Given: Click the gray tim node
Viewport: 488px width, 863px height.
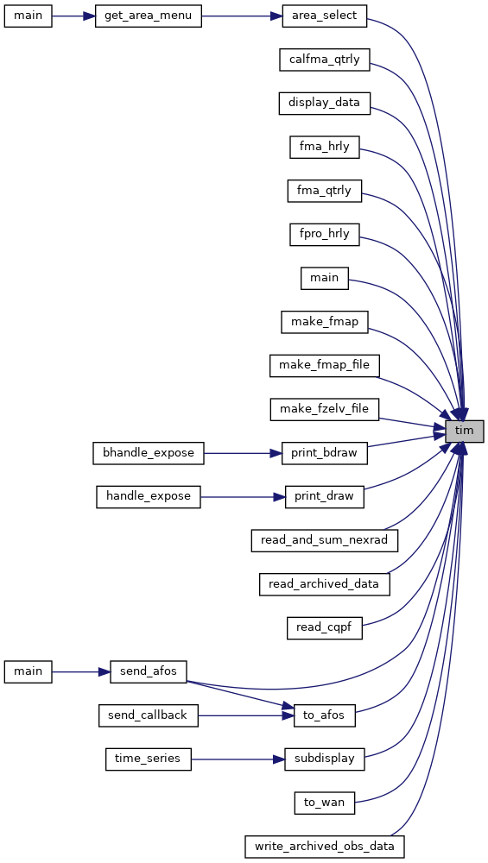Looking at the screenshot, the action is (465, 431).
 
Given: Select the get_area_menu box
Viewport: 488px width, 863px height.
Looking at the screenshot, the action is (149, 16).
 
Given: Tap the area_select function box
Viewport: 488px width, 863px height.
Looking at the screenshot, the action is (324, 16).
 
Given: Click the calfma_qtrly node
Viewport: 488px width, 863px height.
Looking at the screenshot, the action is (324, 60).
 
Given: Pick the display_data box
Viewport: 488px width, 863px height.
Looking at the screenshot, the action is (324, 104).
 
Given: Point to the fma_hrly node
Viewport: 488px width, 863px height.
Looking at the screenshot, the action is (325, 147).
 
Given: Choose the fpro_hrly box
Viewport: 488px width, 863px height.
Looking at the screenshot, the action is (325, 235).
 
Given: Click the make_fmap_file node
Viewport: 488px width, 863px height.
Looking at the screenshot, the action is (324, 365).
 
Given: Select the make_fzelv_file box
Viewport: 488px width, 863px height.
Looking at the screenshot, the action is (324, 409).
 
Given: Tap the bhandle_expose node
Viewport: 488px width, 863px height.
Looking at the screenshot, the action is (149, 453).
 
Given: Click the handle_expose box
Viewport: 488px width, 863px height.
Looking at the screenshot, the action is (149, 496).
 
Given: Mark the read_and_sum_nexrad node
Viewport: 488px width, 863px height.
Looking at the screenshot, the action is (324, 540).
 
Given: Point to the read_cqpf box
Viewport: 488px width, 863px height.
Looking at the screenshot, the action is (324, 628).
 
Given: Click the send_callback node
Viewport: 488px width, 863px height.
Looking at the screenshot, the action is (149, 715).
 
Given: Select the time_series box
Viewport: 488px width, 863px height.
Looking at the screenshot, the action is (149, 759).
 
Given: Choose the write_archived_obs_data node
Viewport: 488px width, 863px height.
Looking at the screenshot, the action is (324, 847).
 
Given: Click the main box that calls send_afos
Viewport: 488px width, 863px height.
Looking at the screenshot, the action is (29, 671).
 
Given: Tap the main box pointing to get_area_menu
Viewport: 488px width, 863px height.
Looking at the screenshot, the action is (29, 16).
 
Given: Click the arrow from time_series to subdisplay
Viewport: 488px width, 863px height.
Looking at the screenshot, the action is (238, 759).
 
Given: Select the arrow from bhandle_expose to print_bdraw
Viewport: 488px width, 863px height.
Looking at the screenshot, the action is (243, 453).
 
